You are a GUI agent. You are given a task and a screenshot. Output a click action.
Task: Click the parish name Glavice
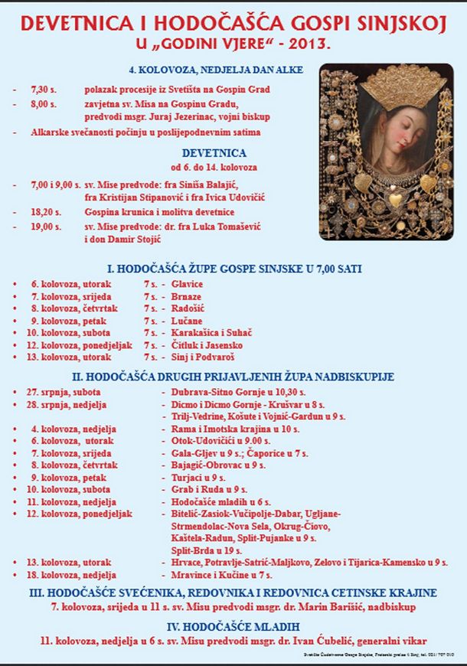tap(188, 283)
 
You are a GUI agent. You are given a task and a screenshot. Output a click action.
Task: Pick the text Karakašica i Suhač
tap(212, 333)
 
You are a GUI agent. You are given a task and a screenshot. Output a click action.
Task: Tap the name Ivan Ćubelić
tap(307, 641)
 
